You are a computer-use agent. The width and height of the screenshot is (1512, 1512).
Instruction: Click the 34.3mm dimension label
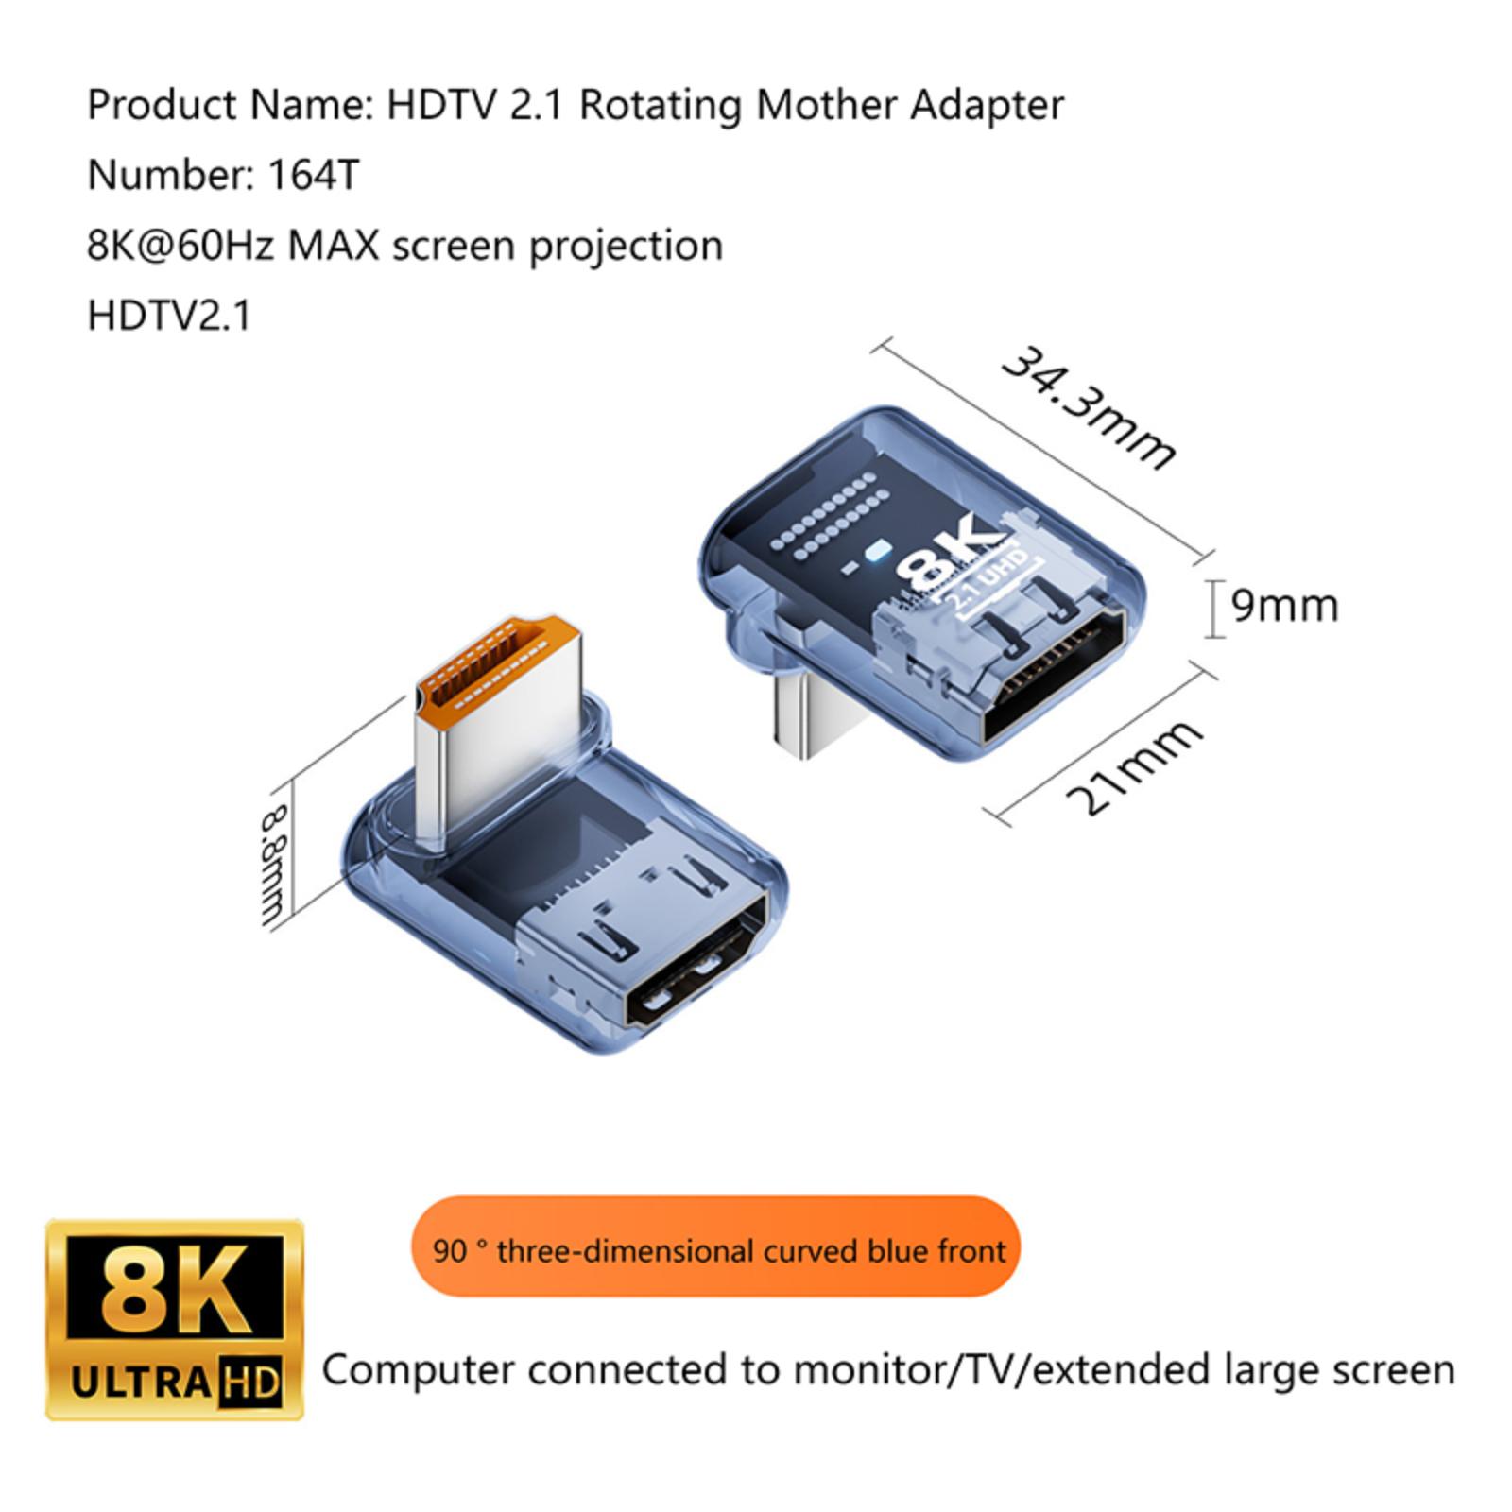coord(1089,406)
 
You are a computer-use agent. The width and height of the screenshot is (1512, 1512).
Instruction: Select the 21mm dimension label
coord(1134,766)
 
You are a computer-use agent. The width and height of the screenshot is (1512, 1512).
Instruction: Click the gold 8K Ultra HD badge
coord(175,1319)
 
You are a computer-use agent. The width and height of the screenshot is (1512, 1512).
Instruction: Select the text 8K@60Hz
coord(180,246)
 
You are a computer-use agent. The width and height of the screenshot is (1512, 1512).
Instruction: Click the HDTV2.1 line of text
coord(170,316)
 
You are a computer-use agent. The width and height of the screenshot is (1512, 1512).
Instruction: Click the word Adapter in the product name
coord(987,106)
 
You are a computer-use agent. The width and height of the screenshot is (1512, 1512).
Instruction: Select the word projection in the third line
coord(626,248)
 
